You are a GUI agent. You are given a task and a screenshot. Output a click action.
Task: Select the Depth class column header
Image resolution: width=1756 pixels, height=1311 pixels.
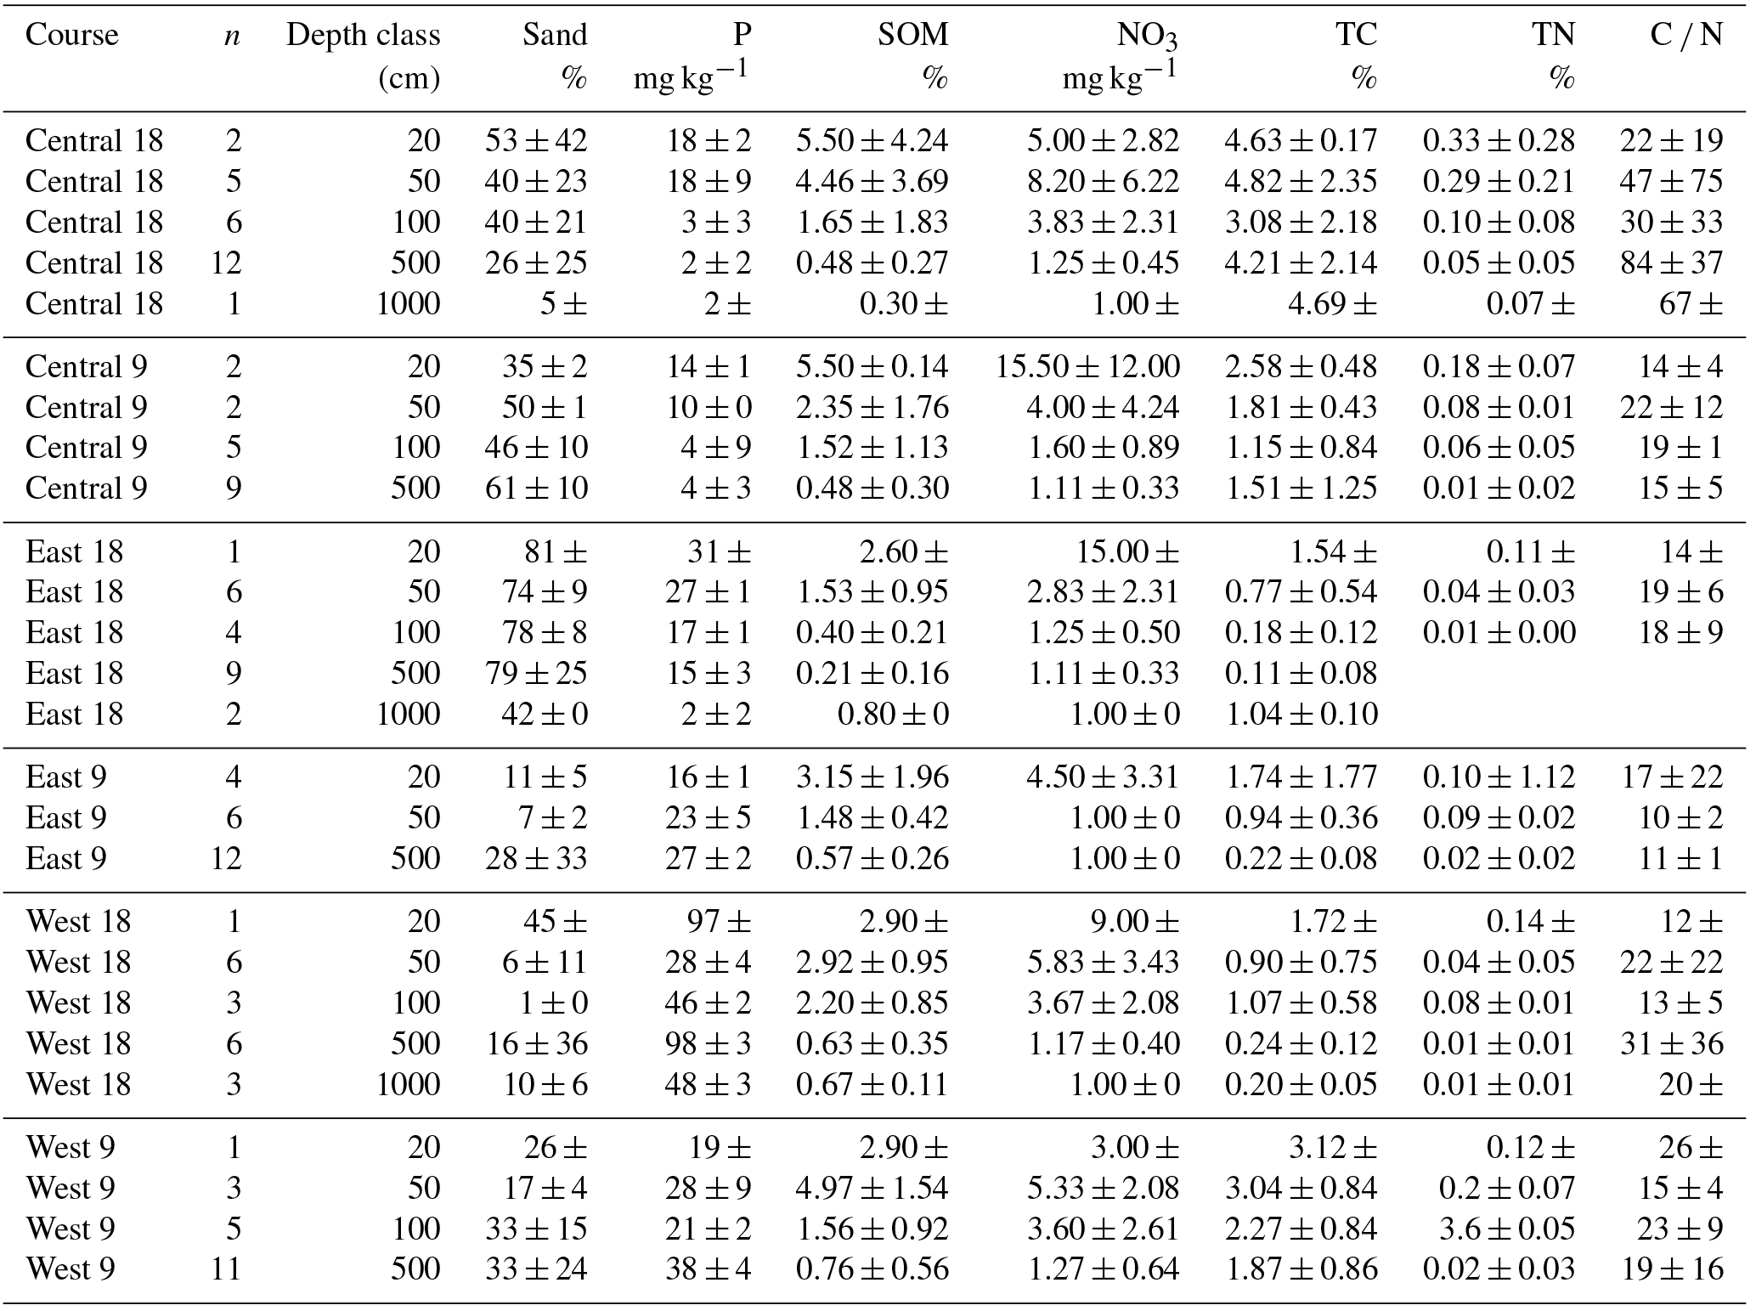click(x=363, y=35)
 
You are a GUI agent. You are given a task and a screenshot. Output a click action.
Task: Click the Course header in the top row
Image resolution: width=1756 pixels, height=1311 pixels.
click(x=71, y=35)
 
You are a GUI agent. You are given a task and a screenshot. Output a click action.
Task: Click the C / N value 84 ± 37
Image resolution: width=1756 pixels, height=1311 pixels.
click(x=1671, y=263)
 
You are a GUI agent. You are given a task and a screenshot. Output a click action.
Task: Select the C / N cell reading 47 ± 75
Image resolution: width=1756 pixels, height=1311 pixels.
click(x=1671, y=181)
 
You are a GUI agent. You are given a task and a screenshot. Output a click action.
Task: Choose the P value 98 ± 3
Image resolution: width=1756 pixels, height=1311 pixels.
click(x=708, y=1043)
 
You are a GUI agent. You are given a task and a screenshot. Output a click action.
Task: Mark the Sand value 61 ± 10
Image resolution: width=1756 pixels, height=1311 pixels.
click(x=536, y=488)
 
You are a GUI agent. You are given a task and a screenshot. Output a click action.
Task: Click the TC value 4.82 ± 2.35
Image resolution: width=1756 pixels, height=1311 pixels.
click(x=1300, y=181)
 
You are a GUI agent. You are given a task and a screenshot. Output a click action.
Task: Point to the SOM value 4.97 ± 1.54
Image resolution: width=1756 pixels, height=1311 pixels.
click(x=872, y=1188)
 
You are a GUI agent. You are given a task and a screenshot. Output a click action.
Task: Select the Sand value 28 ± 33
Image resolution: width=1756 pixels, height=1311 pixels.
click(x=536, y=858)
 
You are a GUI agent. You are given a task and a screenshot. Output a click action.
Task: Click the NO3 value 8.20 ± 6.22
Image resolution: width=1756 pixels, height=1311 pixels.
click(x=1103, y=181)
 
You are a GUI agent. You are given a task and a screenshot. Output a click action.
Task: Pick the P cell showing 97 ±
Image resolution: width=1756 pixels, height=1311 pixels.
click(x=719, y=921)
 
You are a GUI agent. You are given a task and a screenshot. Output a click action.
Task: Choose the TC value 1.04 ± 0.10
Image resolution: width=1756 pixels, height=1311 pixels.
click(x=1300, y=714)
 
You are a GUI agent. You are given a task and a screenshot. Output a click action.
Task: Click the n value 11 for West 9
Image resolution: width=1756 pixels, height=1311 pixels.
click(x=226, y=1269)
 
